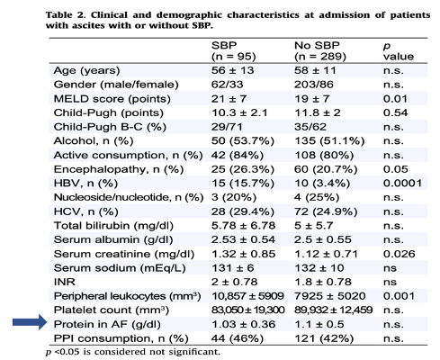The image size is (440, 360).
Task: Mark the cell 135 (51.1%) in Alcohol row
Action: (327, 143)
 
